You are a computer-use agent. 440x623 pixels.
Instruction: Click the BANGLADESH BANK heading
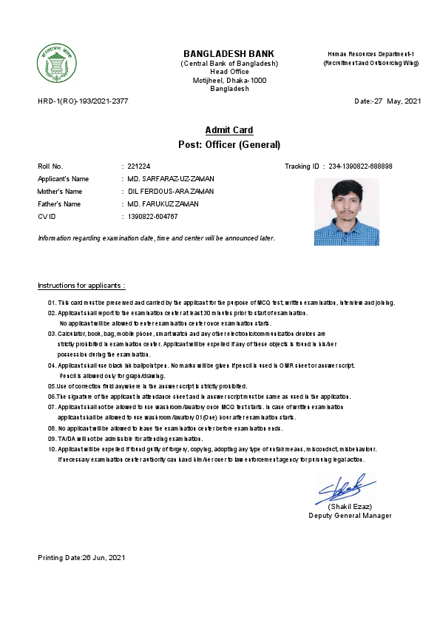pyautogui.click(x=229, y=54)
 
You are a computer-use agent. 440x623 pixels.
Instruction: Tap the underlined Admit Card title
pyautogui.click(x=229, y=130)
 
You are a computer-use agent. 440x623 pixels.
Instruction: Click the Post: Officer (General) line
pyautogui.click(x=229, y=144)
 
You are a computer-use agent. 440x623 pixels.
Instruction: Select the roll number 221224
pyautogui.click(x=138, y=166)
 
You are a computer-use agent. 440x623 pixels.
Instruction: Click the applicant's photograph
pyautogui.click(x=346, y=212)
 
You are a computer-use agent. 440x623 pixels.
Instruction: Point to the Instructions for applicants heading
pyautogui.click(x=81, y=286)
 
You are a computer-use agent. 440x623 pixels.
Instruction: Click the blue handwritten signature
pyautogui.click(x=345, y=489)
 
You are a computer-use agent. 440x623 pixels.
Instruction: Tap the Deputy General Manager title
pyautogui.click(x=350, y=516)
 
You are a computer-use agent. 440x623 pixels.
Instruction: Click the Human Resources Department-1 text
pyautogui.click(x=370, y=55)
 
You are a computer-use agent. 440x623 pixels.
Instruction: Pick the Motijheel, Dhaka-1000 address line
pyautogui.click(x=229, y=80)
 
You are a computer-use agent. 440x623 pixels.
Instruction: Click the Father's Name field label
pyautogui.click(x=59, y=203)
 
